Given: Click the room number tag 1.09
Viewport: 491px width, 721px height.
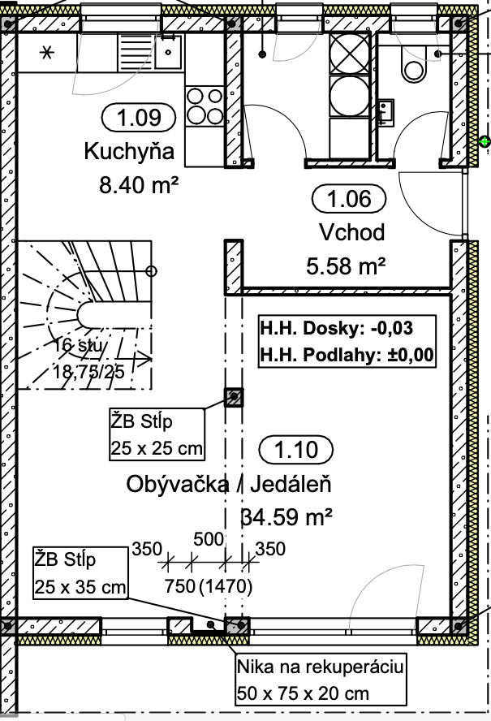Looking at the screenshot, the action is coord(139,117).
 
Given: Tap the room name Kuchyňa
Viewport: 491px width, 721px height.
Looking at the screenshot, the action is coord(129,151).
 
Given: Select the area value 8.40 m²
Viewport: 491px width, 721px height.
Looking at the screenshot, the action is coord(139,185).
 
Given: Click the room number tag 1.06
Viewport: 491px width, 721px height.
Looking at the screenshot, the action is coord(349,199).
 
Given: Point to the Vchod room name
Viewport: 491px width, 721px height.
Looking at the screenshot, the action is coord(351,232).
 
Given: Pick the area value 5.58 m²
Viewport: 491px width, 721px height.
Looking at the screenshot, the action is coord(346,266).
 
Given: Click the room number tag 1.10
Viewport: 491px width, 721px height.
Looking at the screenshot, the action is coord(296,449).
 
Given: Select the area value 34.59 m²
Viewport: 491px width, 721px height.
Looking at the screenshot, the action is coord(286,517).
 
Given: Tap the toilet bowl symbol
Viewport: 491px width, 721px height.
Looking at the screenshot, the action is coord(413,65).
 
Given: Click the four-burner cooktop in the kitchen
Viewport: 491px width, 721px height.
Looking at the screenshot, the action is coord(205,106).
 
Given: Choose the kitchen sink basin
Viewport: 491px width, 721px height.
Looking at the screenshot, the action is coord(168,52).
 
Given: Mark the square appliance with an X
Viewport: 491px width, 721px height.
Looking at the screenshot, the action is coord(350,54).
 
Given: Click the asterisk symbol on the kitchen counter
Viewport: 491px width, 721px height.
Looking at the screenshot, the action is coord(46,53).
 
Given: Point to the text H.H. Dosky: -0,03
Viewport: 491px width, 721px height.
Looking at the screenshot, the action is coord(337,328).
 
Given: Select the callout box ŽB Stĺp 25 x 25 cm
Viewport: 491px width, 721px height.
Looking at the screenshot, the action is coord(157,434).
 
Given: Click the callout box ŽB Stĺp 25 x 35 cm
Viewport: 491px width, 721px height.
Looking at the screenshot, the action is coord(80,573).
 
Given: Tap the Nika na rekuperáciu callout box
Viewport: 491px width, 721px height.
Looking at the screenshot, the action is coord(321,680).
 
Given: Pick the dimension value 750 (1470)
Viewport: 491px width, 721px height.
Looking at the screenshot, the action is coord(209,586).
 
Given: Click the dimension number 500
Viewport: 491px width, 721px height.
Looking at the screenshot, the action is coord(209,539).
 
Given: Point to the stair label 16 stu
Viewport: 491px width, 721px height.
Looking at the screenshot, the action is coord(78,345).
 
